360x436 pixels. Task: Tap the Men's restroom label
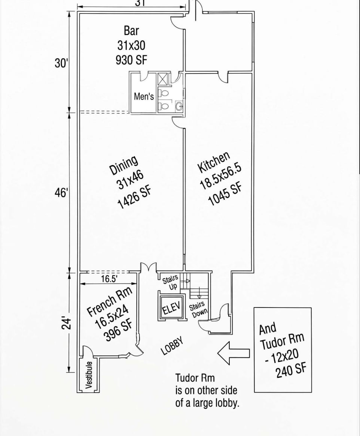(144, 97)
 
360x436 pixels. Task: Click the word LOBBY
(173, 346)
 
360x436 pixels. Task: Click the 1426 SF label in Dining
(134, 197)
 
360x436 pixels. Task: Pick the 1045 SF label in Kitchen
(224, 193)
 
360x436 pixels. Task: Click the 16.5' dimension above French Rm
(109, 279)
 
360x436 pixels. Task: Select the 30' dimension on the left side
(61, 63)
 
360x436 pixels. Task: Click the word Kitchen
(214, 162)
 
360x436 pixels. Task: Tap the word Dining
(124, 166)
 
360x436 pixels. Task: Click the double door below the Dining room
(148, 267)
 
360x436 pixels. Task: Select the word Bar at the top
(131, 31)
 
